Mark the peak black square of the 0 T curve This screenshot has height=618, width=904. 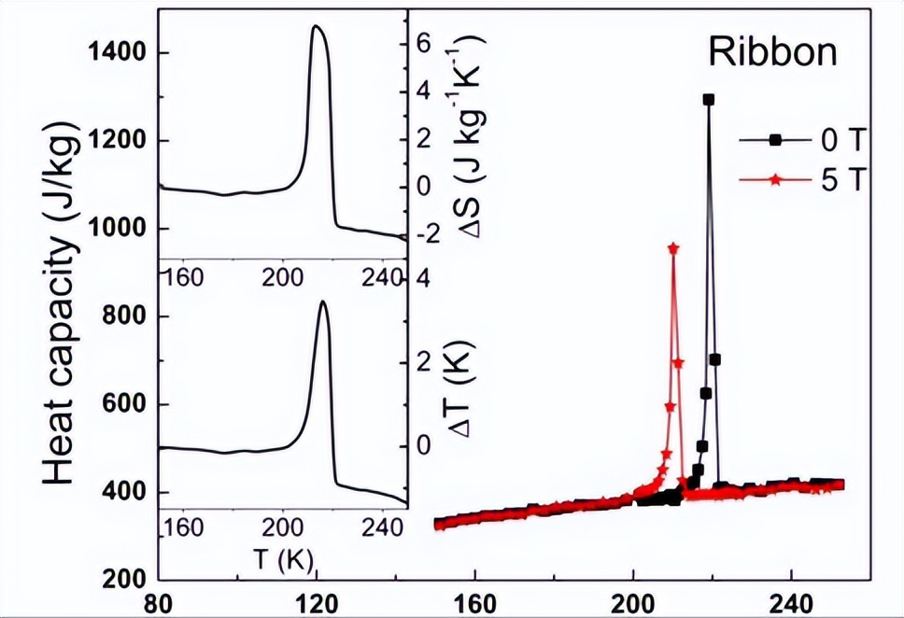[x=709, y=99]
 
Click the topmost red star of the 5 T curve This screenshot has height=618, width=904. [x=673, y=247]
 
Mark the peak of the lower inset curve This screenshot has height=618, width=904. [x=322, y=301]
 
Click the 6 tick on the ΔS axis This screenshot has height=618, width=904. [x=422, y=43]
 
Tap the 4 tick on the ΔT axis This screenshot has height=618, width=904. [x=422, y=279]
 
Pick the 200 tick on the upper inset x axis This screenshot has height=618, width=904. [x=282, y=276]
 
